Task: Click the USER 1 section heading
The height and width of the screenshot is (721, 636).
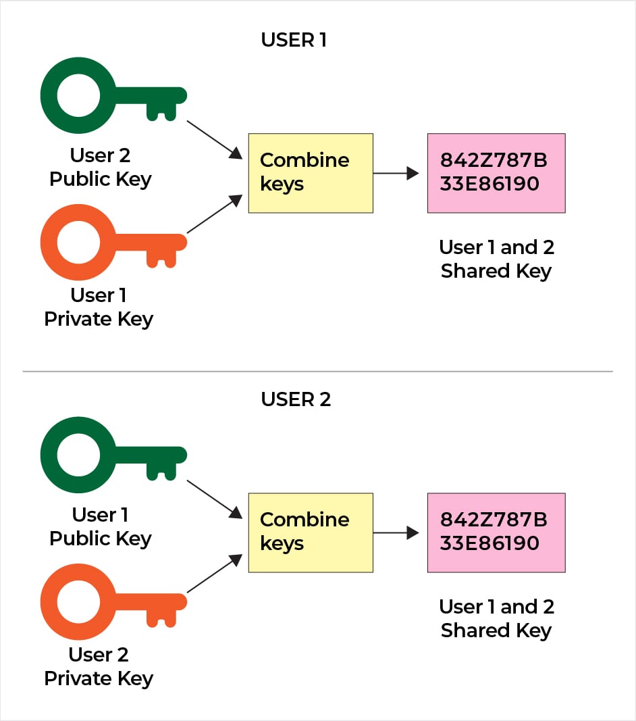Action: point(294,40)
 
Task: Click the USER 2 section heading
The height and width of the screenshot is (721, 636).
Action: point(296,399)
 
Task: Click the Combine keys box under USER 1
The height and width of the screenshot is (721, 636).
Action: point(311,174)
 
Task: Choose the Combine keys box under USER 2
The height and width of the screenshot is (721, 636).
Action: point(311,533)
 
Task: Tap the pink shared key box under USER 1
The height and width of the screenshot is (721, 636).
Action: point(496,174)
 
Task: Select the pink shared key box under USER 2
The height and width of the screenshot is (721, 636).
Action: point(496,533)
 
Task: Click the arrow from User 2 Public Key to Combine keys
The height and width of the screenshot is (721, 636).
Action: point(215,140)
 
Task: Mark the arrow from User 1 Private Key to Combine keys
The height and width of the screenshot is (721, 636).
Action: point(215,214)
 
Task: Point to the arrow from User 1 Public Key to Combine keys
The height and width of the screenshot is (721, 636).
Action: point(215,499)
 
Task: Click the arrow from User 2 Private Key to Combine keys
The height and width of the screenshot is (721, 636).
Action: point(215,574)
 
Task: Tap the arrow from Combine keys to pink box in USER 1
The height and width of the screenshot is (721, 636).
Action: point(396,174)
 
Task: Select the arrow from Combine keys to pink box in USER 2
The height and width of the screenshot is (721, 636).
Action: point(396,533)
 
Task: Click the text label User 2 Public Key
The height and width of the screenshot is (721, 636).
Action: point(101,168)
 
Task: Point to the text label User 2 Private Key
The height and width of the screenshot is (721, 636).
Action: point(99,667)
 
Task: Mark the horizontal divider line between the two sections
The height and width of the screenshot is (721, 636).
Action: point(317,371)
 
